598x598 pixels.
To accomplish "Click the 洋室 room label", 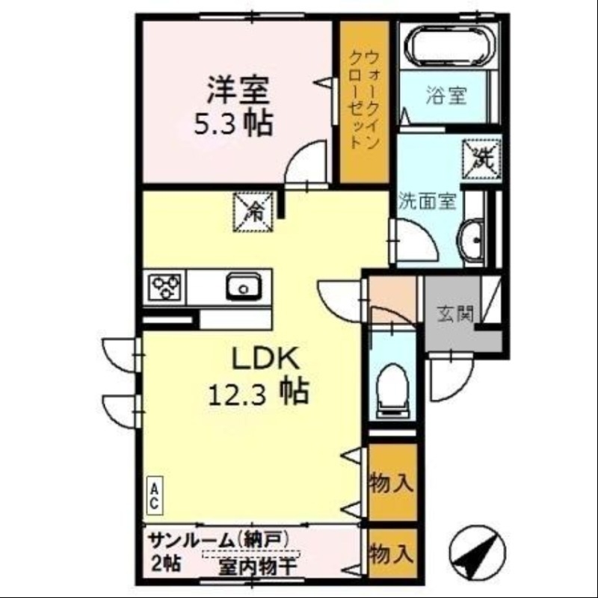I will click(x=238, y=90).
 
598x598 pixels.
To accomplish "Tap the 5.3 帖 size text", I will click(x=232, y=123).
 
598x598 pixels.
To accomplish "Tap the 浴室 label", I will click(x=446, y=96).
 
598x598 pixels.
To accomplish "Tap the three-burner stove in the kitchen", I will click(x=166, y=286).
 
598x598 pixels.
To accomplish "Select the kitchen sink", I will click(x=242, y=286).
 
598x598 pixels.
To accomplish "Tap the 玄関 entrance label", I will click(x=455, y=314).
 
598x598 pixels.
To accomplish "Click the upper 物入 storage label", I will click(x=392, y=483).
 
